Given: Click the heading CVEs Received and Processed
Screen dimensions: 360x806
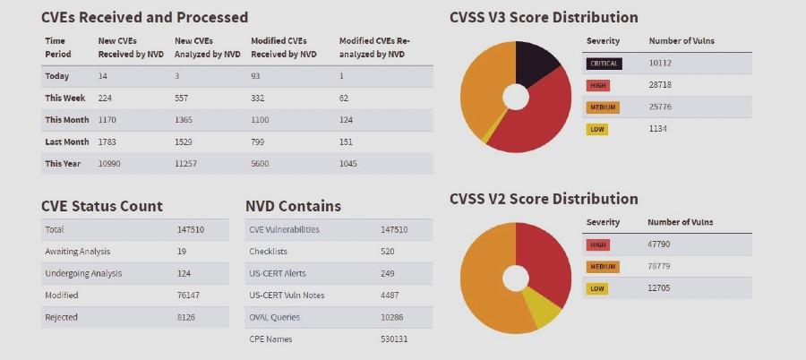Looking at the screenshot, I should [144, 17].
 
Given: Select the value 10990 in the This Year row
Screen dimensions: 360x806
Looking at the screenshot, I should [110, 164].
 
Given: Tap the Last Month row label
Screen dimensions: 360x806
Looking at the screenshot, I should [66, 141].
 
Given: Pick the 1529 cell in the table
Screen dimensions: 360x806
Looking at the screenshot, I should [185, 141].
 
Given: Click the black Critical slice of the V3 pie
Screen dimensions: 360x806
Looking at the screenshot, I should [536, 64].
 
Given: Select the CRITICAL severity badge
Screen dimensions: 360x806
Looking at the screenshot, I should [603, 64].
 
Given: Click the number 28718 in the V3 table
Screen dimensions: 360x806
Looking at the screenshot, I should [660, 85].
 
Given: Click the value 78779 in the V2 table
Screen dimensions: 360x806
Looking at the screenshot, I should [660, 266].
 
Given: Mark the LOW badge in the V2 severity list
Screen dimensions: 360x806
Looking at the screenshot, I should [596, 288].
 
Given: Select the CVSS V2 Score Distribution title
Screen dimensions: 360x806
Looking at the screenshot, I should [544, 198].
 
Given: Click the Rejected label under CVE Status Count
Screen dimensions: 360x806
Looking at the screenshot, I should [61, 317].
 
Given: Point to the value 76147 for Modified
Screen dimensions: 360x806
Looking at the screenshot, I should [190, 296].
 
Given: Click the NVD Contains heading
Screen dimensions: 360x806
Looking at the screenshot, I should [293, 206].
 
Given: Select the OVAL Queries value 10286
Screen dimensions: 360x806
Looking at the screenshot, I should [393, 317].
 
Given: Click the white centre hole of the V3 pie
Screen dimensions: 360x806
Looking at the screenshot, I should [516, 97].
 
